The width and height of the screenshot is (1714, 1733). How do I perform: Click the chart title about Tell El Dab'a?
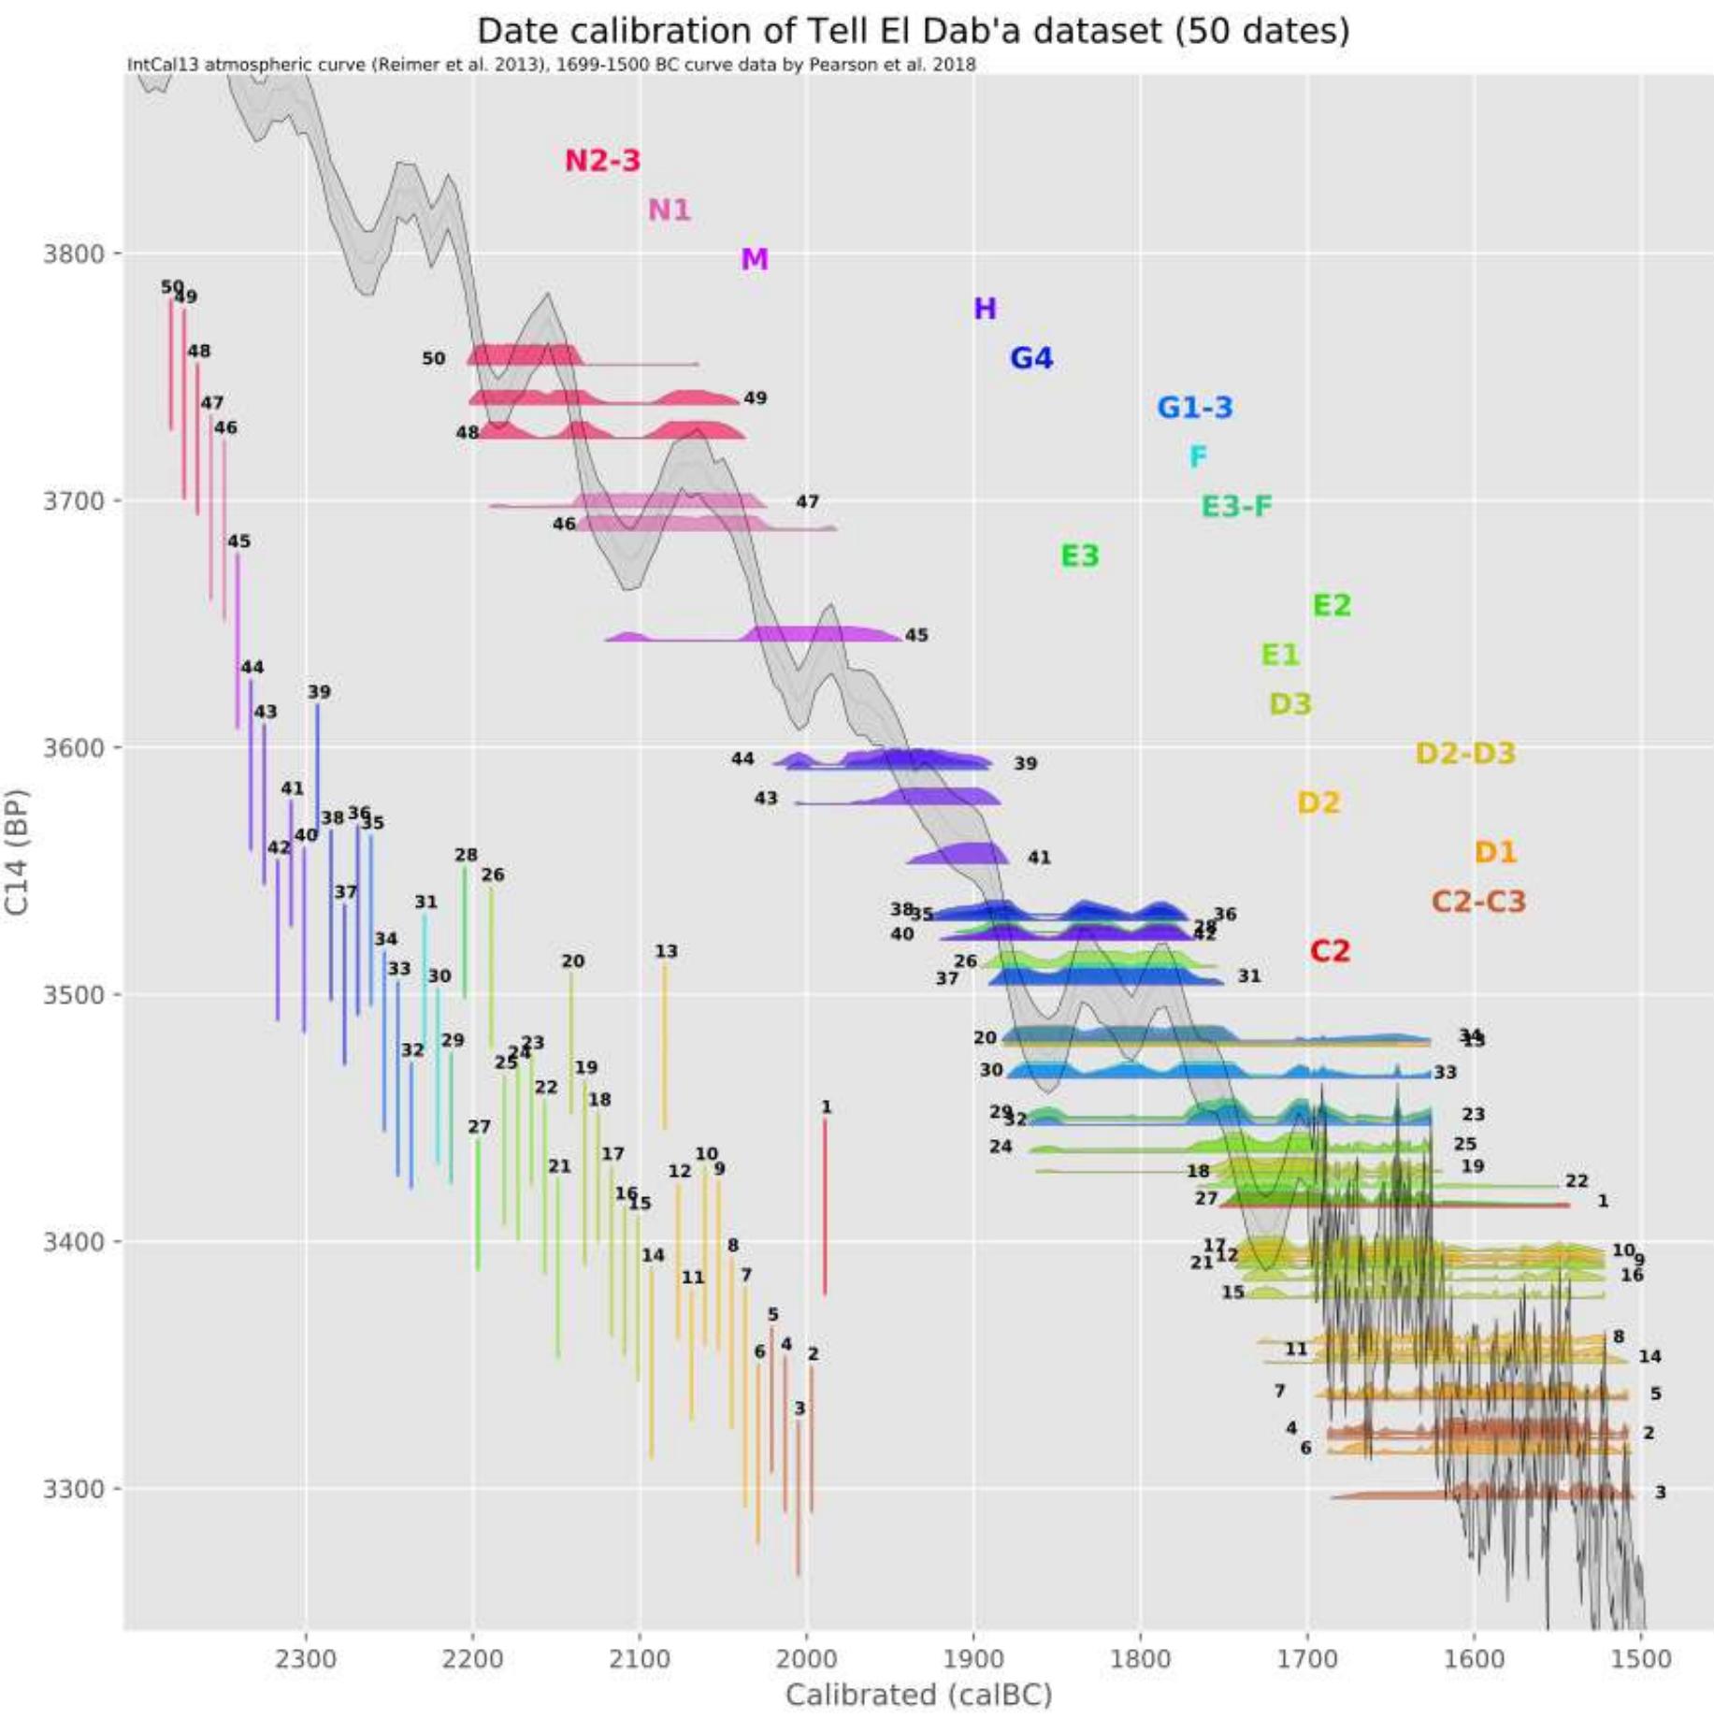(x=913, y=31)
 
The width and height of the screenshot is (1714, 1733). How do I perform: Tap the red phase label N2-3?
(x=602, y=160)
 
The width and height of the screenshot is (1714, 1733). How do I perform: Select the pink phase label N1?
(x=669, y=209)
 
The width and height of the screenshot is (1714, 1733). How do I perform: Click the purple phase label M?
(x=754, y=259)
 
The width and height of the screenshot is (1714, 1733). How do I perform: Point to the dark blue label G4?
(x=1030, y=358)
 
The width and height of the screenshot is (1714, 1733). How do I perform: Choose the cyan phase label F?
(x=1197, y=456)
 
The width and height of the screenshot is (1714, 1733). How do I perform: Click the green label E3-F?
(x=1236, y=506)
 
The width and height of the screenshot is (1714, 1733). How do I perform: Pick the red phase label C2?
(x=1329, y=951)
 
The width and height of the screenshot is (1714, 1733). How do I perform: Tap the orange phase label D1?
(x=1494, y=852)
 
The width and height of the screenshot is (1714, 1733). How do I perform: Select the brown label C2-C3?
(x=1477, y=902)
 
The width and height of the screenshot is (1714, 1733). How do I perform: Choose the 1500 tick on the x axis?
(x=1641, y=1658)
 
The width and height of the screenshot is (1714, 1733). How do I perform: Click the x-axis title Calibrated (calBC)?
(x=918, y=1695)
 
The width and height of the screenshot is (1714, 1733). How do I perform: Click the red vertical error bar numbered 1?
(x=824, y=1206)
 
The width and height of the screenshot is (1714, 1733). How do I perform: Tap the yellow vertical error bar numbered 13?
(x=665, y=1047)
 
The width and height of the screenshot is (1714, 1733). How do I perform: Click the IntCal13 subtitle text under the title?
(x=551, y=65)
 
